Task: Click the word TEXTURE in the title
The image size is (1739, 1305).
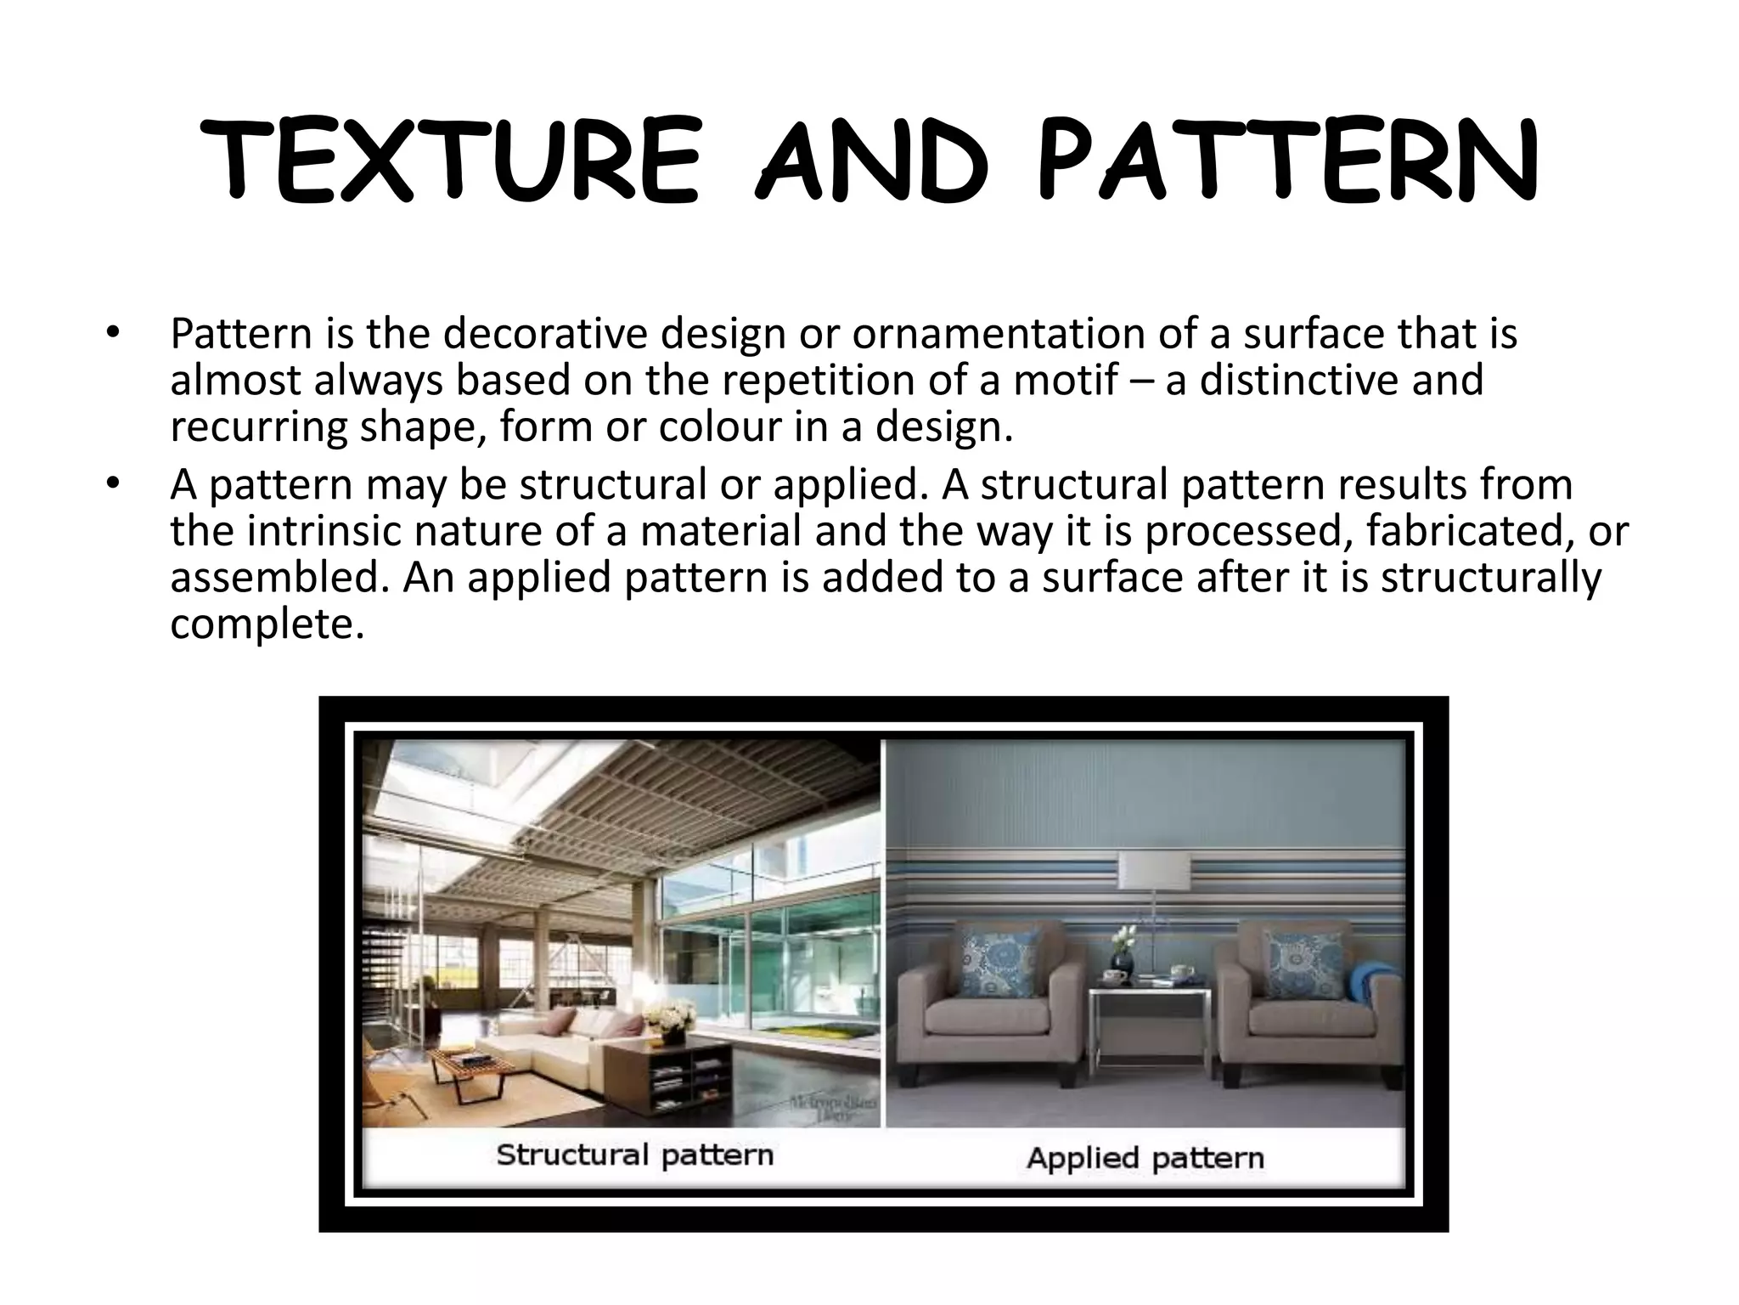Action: coord(451,161)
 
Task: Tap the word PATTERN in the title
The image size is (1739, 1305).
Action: coord(1287,161)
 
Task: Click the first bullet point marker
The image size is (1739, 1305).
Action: coord(112,335)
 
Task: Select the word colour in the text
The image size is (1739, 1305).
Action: coord(720,427)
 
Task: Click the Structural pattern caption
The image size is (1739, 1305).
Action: coord(634,1155)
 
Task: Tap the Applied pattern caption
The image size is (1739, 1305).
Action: coord(1145,1158)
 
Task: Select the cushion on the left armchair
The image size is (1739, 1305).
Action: coord(1001,963)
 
